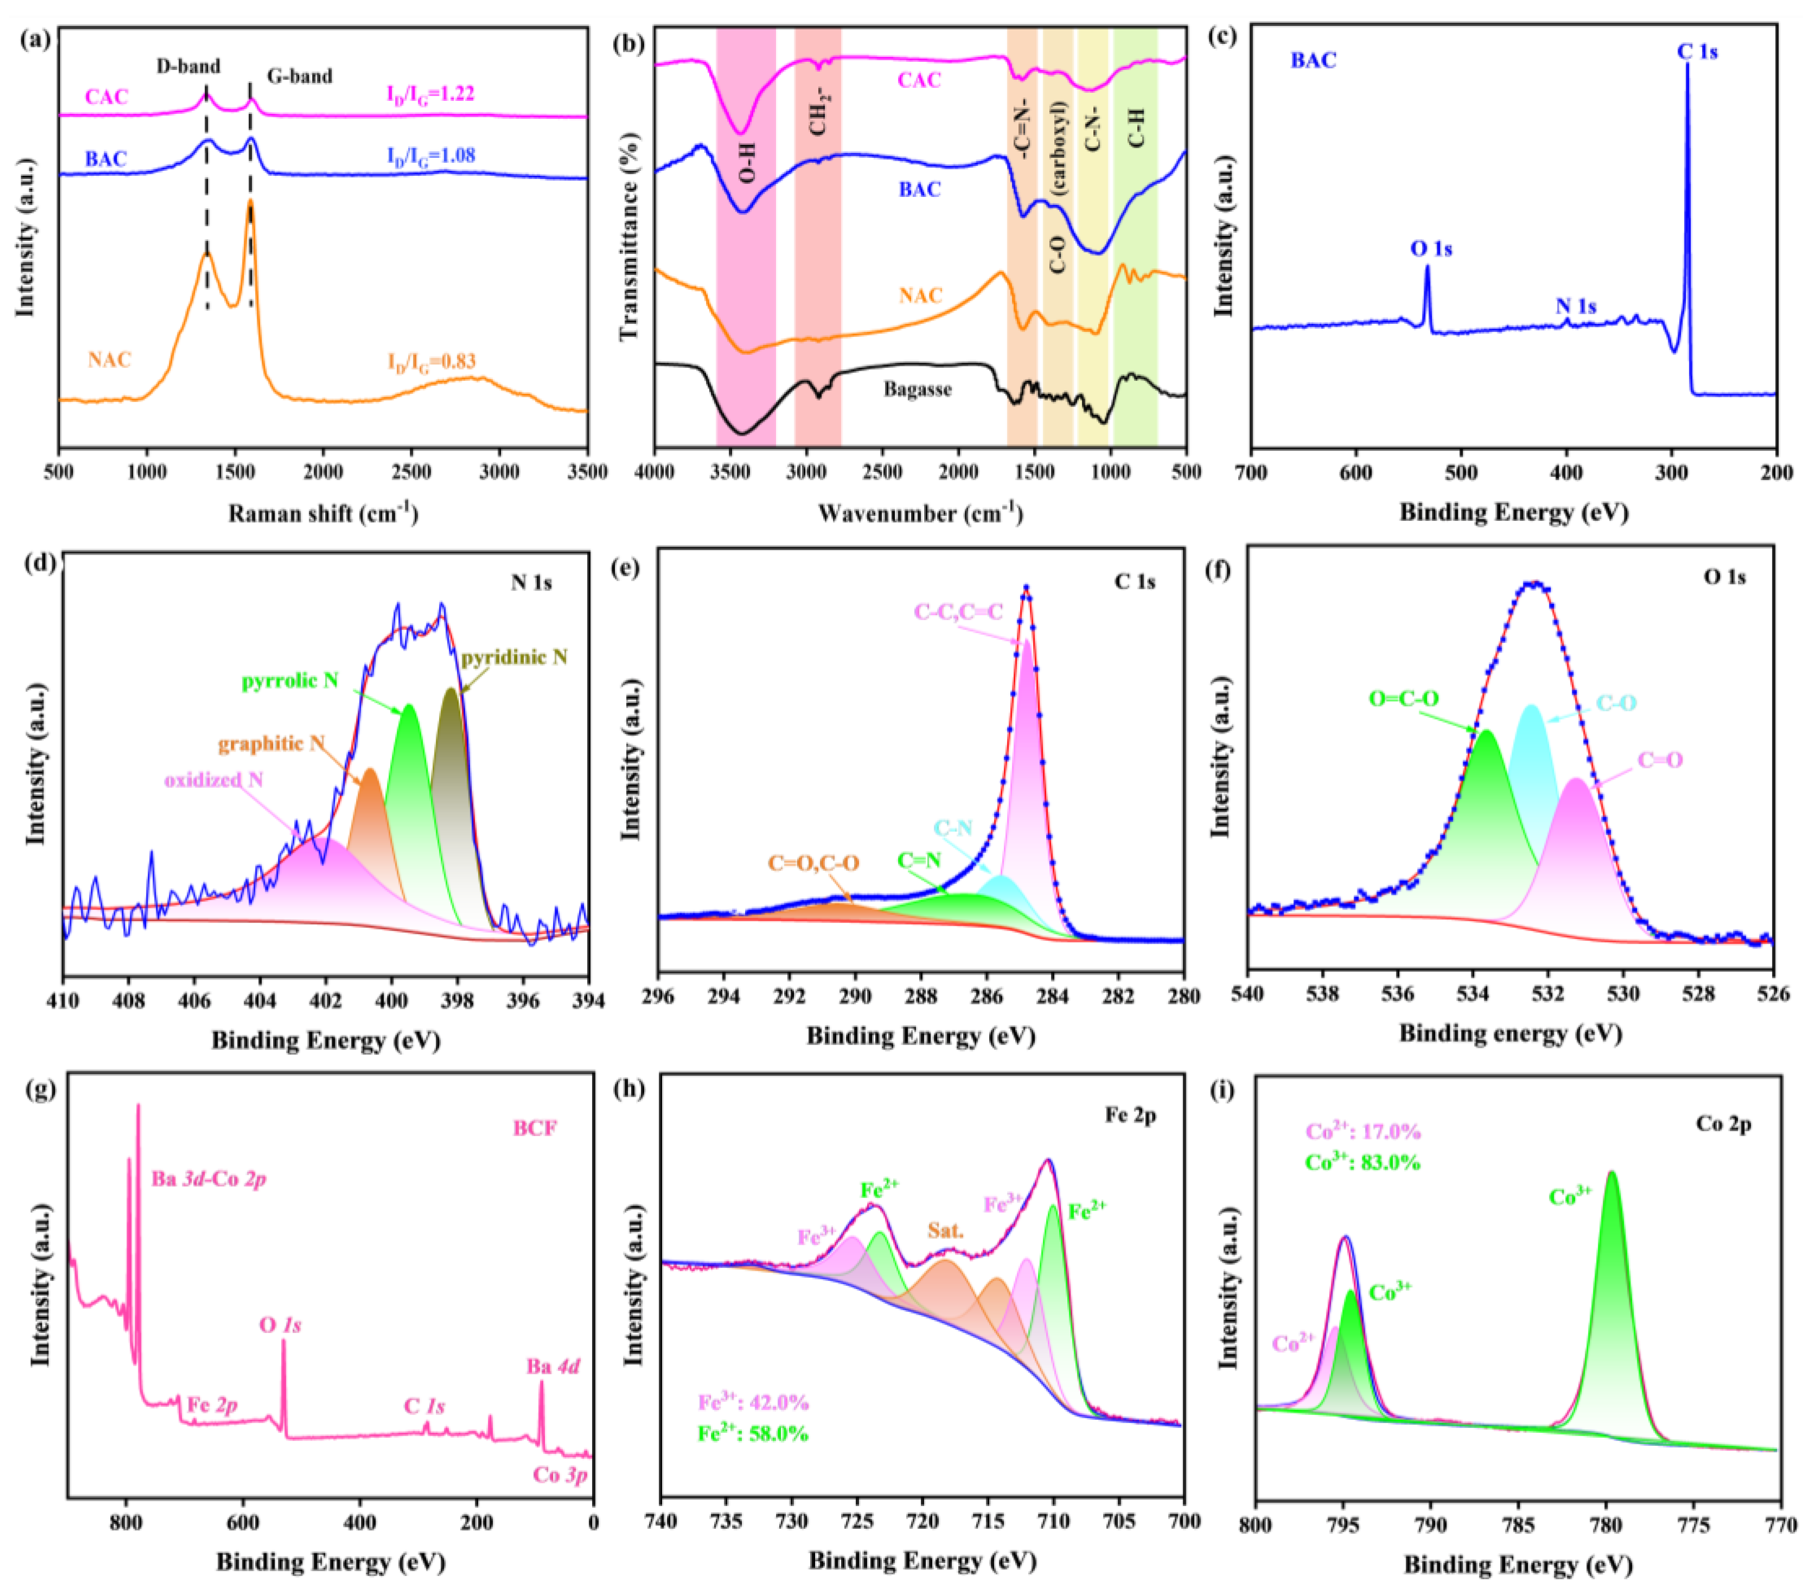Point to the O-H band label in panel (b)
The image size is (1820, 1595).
[x=747, y=160]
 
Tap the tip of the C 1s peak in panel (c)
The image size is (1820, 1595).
[x=1687, y=64]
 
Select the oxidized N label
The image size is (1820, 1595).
[x=214, y=780]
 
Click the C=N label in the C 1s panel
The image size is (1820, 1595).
[x=919, y=860]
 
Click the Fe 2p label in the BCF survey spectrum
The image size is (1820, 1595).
[x=212, y=1405]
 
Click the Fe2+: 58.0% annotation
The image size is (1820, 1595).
[x=753, y=1433]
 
